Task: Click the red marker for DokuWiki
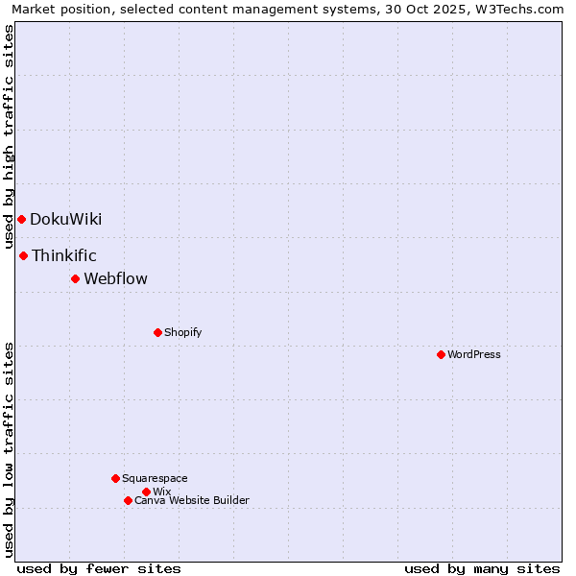21,219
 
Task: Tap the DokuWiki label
65,219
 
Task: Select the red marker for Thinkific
24,255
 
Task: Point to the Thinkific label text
64,255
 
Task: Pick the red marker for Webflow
75,278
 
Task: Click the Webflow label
116,278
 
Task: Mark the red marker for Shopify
157,332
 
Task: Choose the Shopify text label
183,332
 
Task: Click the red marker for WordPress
441,354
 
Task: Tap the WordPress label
474,354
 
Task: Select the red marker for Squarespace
115,478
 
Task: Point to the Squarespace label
156,478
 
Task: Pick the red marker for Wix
146,492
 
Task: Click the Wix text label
162,492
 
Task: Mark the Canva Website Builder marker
128,500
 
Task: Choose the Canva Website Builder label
192,500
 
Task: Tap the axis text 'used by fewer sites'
99,568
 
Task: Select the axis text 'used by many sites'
482,568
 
